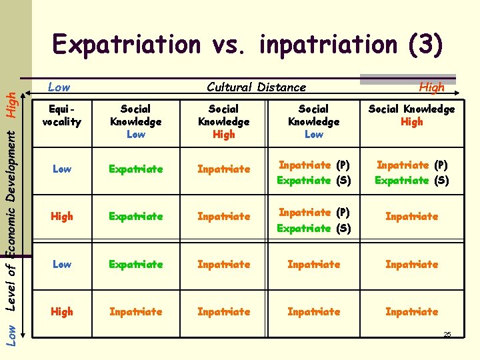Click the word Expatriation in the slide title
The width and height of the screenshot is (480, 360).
(x=126, y=45)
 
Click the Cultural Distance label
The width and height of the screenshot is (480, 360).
(x=257, y=87)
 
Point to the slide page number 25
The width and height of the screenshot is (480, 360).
(x=447, y=334)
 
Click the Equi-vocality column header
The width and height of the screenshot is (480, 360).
(x=61, y=115)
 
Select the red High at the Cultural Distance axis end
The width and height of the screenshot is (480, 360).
(x=431, y=87)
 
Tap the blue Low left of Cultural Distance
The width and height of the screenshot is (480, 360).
(x=59, y=87)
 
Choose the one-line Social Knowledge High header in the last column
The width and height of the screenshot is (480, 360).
(x=411, y=115)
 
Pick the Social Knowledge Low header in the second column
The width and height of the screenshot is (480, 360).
(x=135, y=121)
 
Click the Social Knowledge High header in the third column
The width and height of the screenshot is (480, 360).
(x=224, y=121)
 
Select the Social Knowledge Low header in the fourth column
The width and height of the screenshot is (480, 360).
(x=313, y=121)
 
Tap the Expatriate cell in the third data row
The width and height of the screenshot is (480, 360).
(x=135, y=264)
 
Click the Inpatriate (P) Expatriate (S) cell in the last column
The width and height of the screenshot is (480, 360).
(x=411, y=172)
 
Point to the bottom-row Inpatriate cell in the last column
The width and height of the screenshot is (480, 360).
(x=411, y=311)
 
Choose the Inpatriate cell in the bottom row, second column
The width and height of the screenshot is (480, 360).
(x=135, y=311)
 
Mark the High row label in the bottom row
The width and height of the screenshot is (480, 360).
(x=61, y=311)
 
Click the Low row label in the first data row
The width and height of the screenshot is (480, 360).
(x=61, y=169)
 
